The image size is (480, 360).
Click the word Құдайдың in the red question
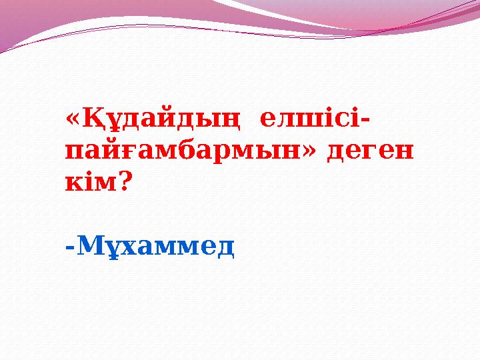point(160,121)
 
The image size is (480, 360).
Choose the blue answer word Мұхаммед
point(156,247)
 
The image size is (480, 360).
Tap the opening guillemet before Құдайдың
point(73,121)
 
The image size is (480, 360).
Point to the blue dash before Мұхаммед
point(70,249)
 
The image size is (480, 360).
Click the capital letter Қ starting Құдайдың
point(91,121)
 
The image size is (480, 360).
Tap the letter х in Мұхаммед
point(127,249)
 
